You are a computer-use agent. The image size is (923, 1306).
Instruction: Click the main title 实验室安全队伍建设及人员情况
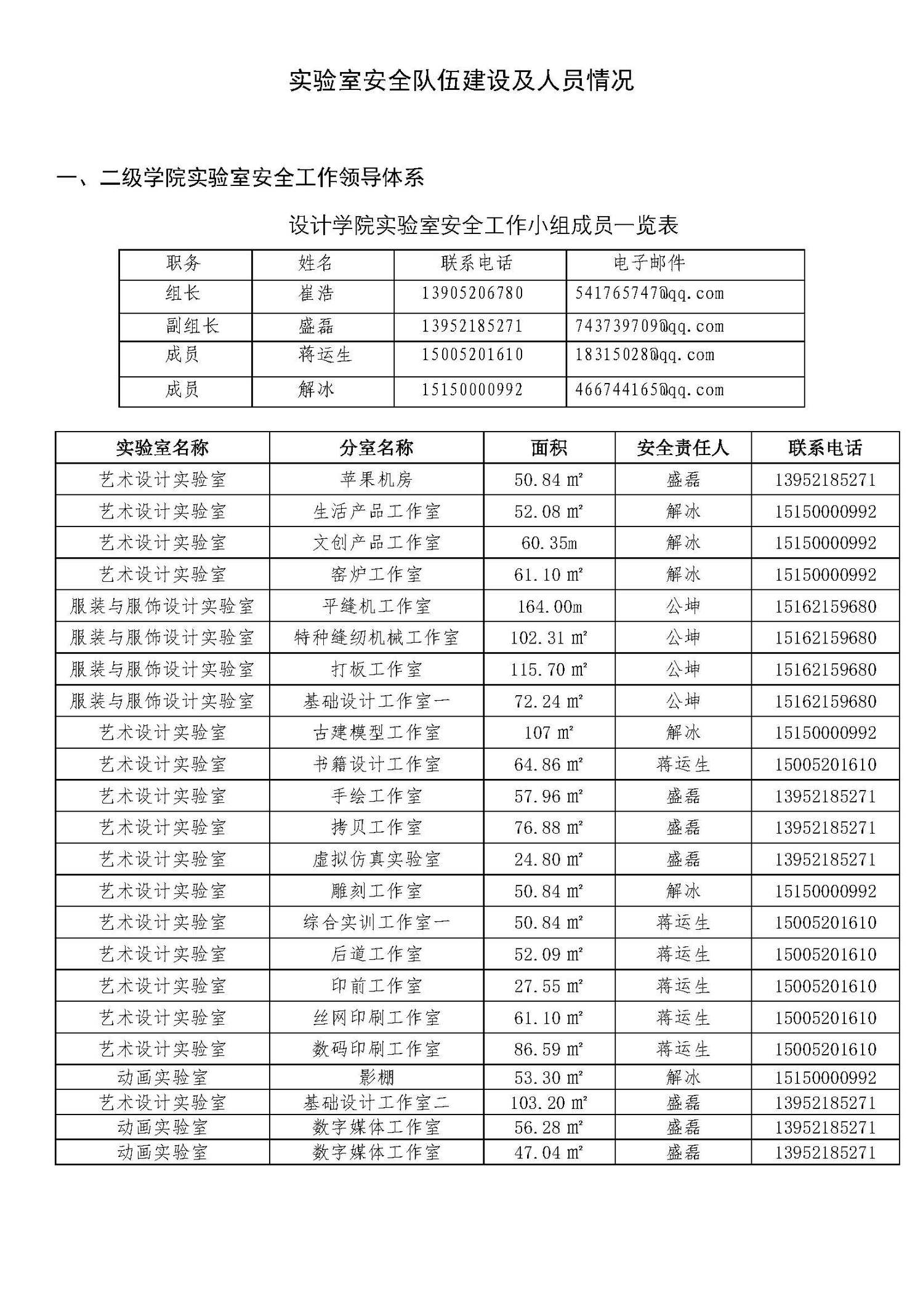pos(461,81)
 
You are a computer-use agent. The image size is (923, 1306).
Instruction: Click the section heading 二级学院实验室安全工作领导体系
pos(240,177)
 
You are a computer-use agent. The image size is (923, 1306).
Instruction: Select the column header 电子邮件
pos(649,264)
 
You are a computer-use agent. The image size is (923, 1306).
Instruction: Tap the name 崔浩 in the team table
pos(316,294)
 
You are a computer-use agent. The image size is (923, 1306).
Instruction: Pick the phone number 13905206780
pos(472,294)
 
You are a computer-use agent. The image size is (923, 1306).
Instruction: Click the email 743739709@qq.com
pos(649,326)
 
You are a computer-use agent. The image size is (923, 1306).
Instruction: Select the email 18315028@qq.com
pos(645,355)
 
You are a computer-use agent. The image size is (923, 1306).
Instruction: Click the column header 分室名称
pos(376,448)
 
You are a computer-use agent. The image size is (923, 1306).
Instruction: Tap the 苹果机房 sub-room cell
pos(376,480)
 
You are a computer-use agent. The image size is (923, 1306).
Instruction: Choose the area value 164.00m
pos(549,607)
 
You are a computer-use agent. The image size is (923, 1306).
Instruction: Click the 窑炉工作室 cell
pos(376,574)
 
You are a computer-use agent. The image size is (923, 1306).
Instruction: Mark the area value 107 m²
pos(549,733)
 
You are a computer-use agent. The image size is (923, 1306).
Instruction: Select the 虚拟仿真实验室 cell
pos(376,860)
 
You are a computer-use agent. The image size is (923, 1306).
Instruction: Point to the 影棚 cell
pos(376,1078)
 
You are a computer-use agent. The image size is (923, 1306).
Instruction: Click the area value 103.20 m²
pos(549,1103)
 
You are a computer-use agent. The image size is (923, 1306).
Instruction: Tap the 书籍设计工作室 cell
pos(376,765)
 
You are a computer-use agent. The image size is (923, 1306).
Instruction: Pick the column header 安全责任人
pos(683,448)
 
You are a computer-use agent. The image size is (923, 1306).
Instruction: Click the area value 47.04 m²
pos(549,1152)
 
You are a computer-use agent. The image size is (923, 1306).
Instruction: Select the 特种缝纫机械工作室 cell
pos(376,638)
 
